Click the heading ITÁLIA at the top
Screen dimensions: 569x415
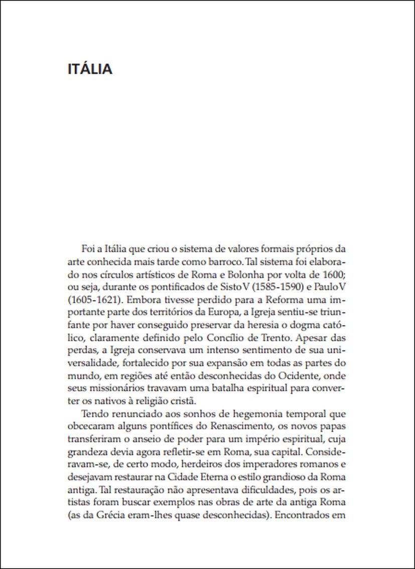pos(90,69)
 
